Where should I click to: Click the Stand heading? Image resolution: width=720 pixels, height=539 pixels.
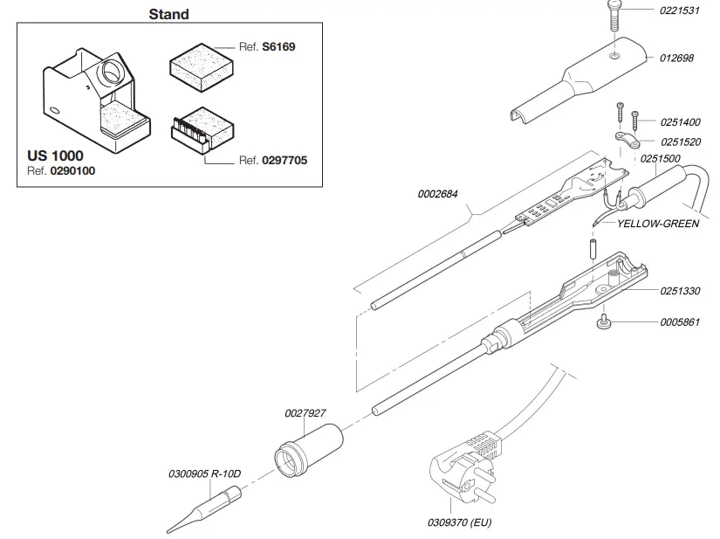tap(168, 14)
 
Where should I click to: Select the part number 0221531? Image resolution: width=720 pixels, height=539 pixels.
tap(679, 11)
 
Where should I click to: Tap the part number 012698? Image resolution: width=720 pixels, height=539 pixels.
tap(675, 59)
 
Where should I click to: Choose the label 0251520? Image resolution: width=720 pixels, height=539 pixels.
tap(679, 142)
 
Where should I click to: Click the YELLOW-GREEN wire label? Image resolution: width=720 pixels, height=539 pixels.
tap(657, 224)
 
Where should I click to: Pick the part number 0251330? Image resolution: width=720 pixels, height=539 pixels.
tap(679, 290)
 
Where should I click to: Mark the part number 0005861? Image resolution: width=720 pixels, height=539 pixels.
tap(679, 322)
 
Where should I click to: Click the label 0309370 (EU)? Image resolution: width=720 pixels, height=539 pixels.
tap(460, 523)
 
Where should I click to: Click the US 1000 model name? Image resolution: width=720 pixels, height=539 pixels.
tap(55, 155)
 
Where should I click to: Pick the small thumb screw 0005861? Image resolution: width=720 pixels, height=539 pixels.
tap(602, 324)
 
